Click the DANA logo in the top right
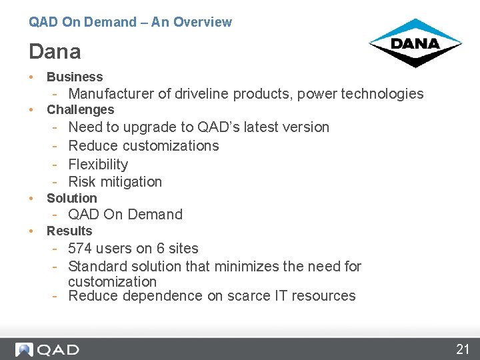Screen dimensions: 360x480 415,43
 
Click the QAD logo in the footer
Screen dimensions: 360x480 47,349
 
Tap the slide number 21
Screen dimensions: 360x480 463,349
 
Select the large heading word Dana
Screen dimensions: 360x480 55,51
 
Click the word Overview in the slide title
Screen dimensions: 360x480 202,22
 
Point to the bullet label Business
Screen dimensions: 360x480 75,77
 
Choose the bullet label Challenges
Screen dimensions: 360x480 80,110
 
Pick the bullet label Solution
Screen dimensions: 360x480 71,198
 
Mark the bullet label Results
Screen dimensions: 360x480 69,231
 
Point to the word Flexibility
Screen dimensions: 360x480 98,164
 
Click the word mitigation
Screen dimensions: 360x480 131,181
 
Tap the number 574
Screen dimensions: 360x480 80,249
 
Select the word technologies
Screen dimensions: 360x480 383,94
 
